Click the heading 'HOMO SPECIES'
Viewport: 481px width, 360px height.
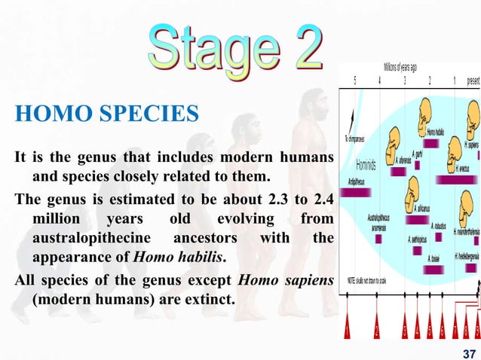point(106,114)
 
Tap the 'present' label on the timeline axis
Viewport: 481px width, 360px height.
point(472,81)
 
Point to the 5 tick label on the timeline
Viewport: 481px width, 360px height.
point(354,81)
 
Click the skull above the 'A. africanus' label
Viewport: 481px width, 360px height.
point(413,189)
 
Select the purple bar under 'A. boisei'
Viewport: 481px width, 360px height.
point(432,269)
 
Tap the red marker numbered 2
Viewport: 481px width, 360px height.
point(377,327)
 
